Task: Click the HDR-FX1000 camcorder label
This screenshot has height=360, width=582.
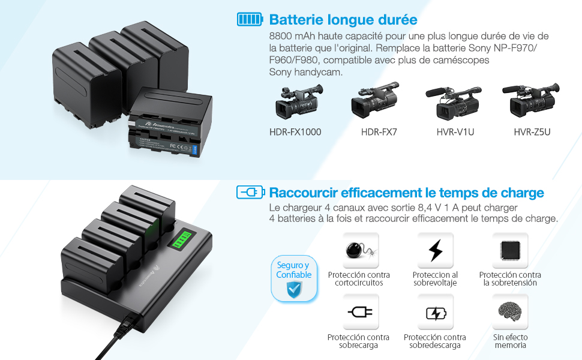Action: tap(295, 132)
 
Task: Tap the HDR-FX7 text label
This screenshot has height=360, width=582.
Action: tap(379, 132)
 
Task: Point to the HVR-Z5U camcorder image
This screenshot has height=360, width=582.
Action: tap(531, 101)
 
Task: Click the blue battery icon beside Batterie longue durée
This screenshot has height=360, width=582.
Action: tap(249, 20)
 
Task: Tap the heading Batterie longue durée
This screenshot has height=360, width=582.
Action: tap(343, 20)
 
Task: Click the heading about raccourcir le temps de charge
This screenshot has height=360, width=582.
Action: tap(406, 193)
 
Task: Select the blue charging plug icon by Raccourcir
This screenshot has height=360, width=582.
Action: tap(250, 193)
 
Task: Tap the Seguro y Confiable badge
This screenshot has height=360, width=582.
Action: tap(293, 278)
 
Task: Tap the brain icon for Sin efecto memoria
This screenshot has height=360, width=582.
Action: tap(510, 312)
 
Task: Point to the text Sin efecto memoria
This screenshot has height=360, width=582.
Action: tap(510, 341)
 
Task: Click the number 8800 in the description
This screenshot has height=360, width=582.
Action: tap(281, 37)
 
